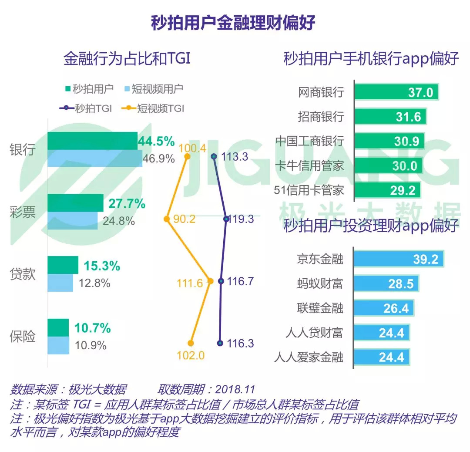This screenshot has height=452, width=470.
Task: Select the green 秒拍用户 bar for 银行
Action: (92, 141)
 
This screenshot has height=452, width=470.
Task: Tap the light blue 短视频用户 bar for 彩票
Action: (73, 221)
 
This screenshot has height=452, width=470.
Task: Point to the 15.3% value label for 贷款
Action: (102, 266)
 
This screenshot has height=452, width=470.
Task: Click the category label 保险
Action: (23, 337)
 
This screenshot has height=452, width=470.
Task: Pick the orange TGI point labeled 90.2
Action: (166, 219)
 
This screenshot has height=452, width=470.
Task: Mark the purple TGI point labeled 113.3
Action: (214, 156)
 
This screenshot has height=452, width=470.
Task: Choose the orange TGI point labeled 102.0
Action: (191, 344)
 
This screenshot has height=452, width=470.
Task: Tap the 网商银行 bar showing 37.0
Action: (396, 92)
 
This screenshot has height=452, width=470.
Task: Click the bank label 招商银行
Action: (321, 117)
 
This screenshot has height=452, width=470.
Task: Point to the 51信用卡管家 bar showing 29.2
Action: (387, 190)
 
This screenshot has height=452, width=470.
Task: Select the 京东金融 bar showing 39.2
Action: (398, 259)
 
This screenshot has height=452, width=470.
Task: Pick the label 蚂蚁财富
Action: (320, 284)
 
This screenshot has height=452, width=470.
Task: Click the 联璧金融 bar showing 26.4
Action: (383, 308)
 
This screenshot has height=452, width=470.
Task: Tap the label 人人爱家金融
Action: (309, 358)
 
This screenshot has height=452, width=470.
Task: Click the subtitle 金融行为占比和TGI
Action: (127, 59)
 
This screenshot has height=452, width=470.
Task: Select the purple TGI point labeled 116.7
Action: (221, 281)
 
